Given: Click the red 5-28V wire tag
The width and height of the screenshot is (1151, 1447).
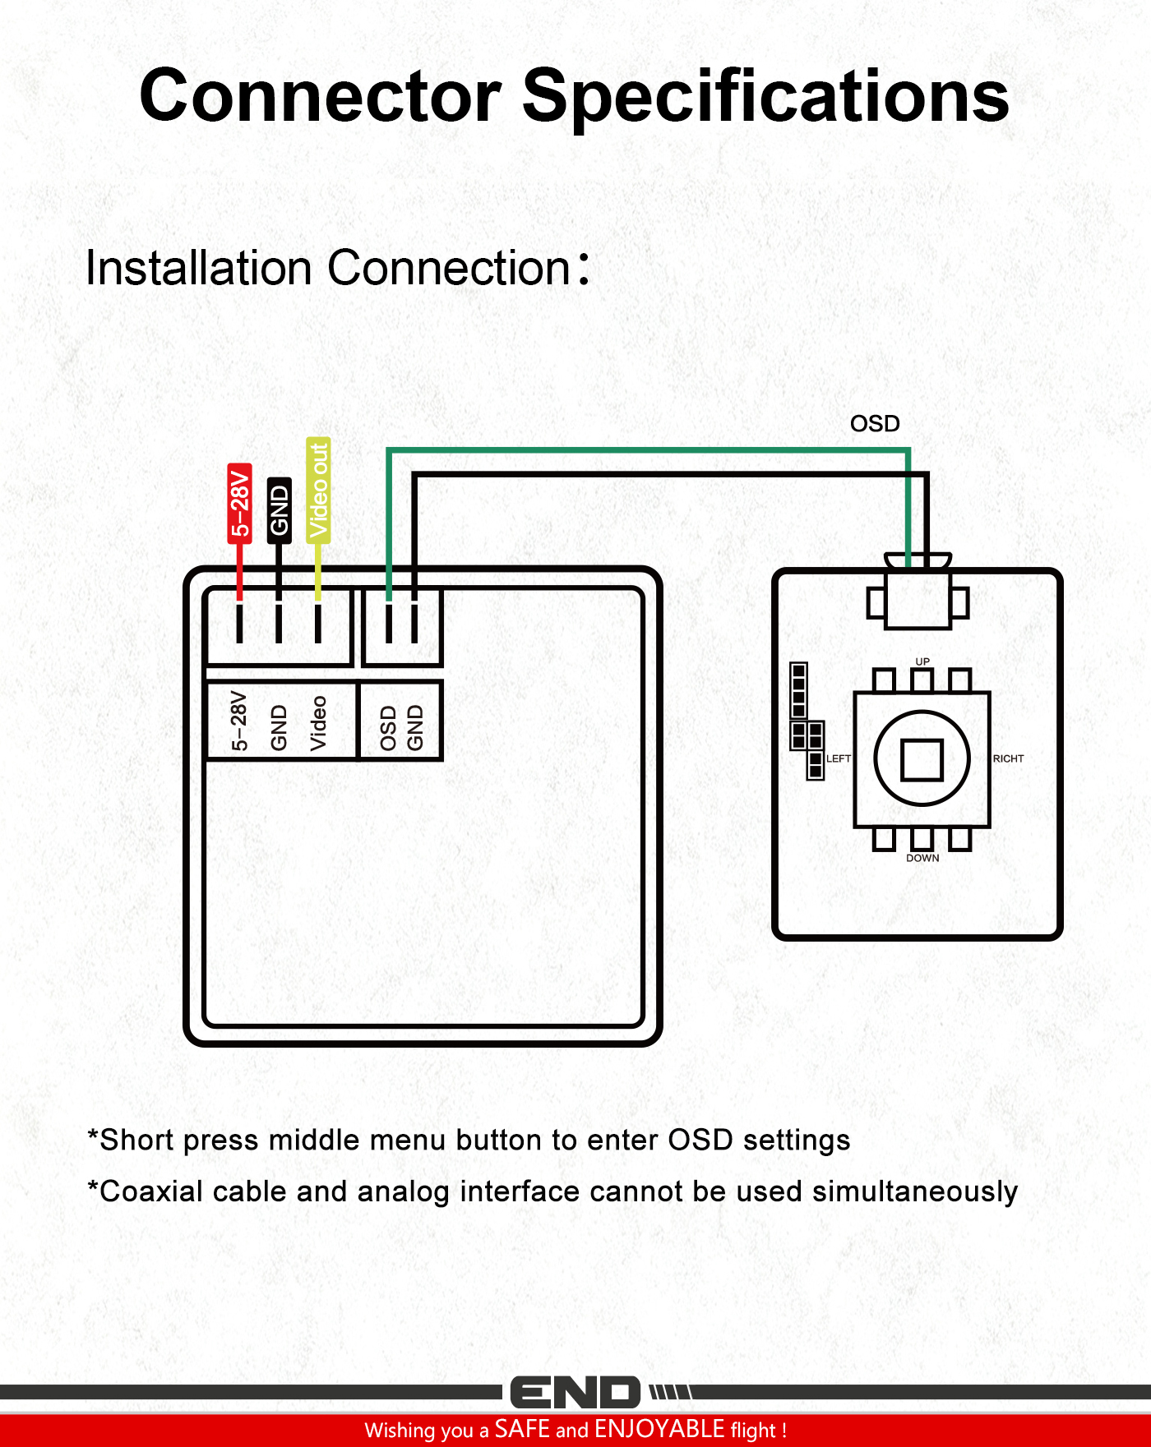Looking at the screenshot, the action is click(239, 503).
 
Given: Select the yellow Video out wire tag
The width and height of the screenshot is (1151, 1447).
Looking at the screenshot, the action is click(318, 490).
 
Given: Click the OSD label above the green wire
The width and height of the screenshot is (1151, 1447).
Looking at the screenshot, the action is click(875, 424).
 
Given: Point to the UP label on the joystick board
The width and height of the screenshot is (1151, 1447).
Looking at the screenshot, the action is click(922, 661).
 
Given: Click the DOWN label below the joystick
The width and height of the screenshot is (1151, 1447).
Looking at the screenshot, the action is click(922, 858).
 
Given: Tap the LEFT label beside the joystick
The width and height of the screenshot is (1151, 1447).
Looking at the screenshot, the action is click(839, 758).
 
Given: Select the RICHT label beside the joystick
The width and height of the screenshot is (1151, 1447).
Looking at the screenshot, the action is click(1008, 758).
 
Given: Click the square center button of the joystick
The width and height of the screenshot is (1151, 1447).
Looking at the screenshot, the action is click(922, 759).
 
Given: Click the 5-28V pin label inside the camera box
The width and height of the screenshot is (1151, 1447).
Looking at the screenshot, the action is click(239, 721).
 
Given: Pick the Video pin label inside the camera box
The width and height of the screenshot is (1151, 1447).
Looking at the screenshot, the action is click(318, 723).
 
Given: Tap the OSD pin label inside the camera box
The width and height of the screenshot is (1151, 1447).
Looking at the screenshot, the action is click(388, 728).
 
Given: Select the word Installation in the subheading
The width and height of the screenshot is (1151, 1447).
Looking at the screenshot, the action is click(199, 268).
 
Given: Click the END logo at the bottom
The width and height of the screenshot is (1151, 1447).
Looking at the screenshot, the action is click(575, 1393).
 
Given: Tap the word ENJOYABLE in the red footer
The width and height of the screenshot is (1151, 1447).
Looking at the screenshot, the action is click(659, 1429).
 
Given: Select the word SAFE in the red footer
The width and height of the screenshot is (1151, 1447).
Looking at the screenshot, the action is click(522, 1429).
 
